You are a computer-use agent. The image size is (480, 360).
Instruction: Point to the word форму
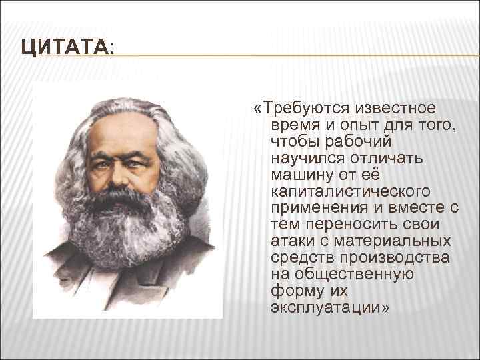pyautogui.click(x=295, y=291)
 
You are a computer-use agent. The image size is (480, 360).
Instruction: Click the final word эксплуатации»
pyautogui.click(x=330, y=308)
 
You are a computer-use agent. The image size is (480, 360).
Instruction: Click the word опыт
pyautogui.click(x=361, y=125)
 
